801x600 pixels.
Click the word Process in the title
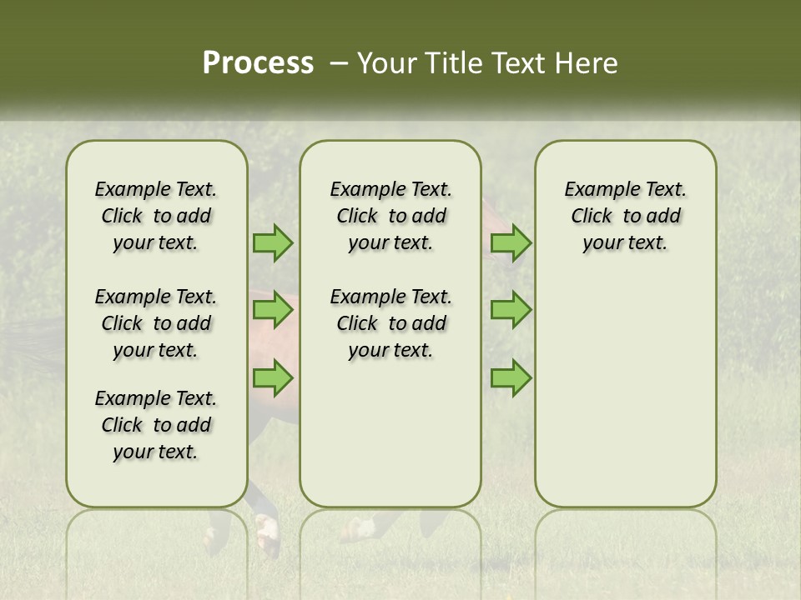point(258,62)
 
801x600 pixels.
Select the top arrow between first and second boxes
point(273,243)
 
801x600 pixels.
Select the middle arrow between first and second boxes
point(273,310)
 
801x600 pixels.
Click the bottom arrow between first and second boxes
point(273,378)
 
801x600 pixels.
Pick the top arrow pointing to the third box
point(511,243)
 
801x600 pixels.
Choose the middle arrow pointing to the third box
point(511,310)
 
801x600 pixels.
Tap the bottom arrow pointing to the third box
point(511,378)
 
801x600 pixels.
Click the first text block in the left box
point(156,216)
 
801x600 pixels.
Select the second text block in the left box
point(156,323)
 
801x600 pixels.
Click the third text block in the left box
point(156,425)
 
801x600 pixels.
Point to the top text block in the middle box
point(390,216)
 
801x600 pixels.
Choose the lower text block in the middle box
point(390,323)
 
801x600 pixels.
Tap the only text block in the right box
point(626,216)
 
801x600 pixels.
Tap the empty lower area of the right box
point(626,400)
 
